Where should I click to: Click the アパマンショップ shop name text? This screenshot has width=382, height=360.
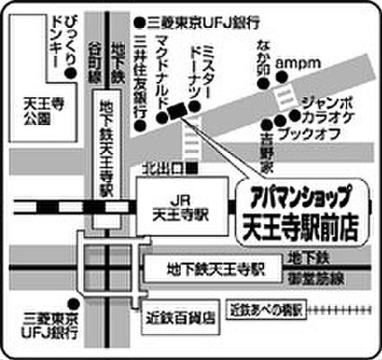[294, 193]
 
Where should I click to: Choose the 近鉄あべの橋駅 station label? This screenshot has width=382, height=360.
[266, 310]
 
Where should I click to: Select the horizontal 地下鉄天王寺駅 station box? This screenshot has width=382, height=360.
[214, 269]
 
